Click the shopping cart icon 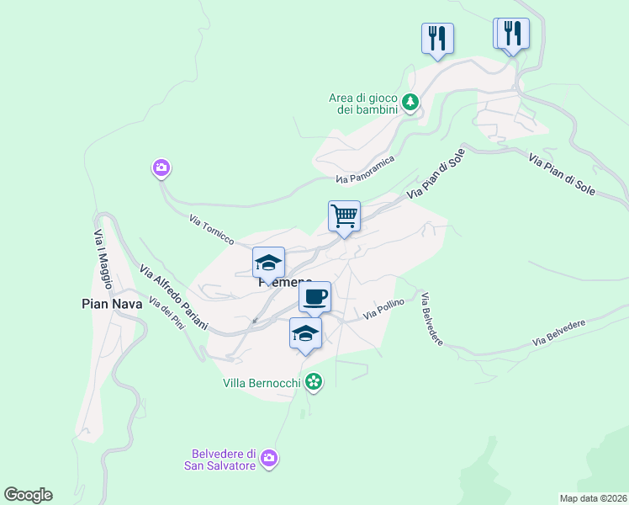click(344, 216)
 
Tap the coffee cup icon click(314, 297)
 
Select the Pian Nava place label click(112, 304)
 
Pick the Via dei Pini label click(166, 314)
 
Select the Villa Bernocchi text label click(262, 383)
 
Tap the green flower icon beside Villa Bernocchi click(314, 383)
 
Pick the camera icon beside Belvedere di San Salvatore click(269, 458)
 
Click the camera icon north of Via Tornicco click(161, 168)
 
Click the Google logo click(28, 495)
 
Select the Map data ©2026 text click(593, 497)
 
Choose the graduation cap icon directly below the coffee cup click(305, 333)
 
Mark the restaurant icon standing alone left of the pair click(437, 38)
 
